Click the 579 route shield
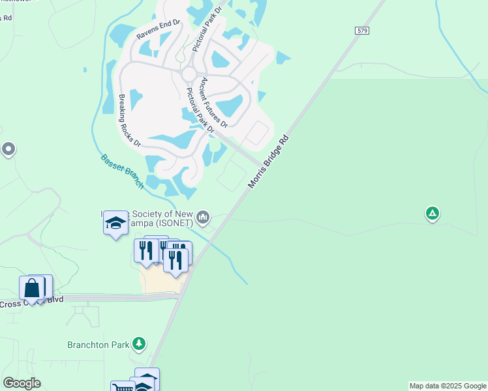click(363, 31)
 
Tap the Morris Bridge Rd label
click(267, 162)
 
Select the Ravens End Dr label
click(157, 29)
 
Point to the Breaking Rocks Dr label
click(130, 121)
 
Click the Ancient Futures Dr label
click(214, 102)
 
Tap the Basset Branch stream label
click(122, 171)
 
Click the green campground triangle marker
click(431, 213)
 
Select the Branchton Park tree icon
click(138, 343)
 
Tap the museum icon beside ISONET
click(203, 216)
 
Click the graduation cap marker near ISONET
click(115, 223)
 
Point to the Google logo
click(22, 383)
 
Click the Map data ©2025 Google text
click(448, 386)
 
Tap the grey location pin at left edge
click(8, 149)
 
